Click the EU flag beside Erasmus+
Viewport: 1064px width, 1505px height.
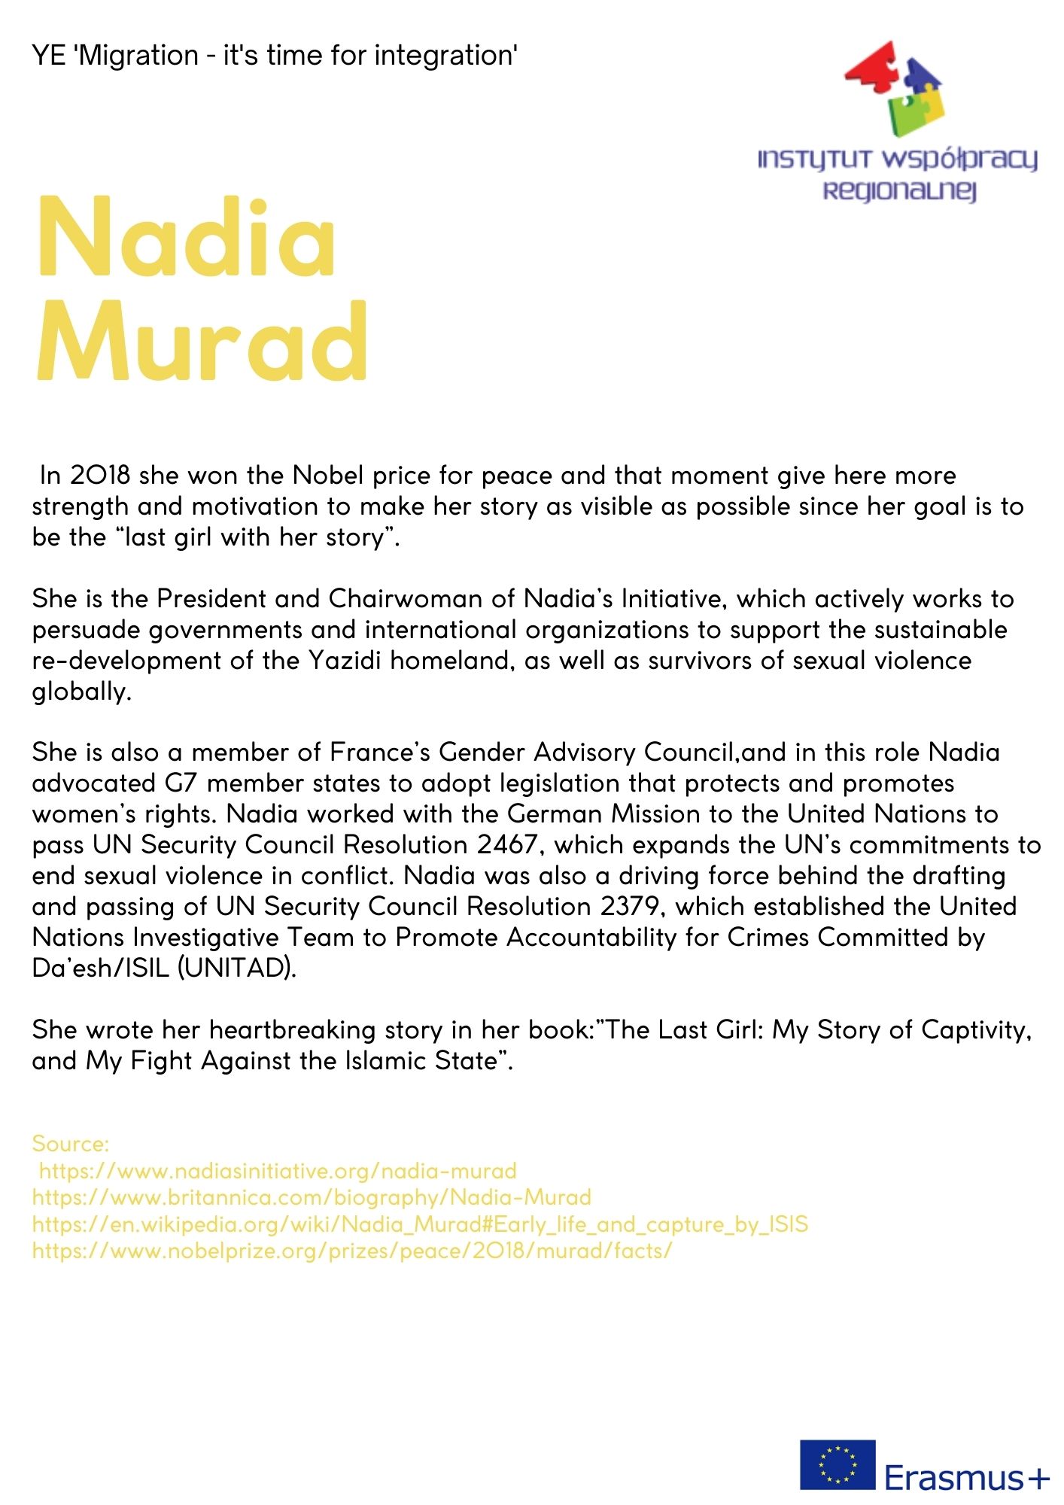coord(838,1464)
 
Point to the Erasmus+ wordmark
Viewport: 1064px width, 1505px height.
coord(966,1477)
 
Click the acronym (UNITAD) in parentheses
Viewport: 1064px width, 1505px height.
coord(236,968)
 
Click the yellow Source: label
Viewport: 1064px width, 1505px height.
coord(71,1144)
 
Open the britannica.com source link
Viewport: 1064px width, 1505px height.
coord(312,1197)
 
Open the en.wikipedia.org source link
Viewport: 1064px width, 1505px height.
coord(420,1224)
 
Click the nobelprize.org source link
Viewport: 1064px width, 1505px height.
coord(351,1251)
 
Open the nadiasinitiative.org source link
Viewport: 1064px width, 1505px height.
coord(278,1171)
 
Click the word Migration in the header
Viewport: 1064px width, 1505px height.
coord(138,56)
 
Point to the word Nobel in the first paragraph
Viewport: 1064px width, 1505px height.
coord(328,476)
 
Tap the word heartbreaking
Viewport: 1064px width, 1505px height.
coord(293,1030)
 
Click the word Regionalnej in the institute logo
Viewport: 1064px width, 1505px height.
coord(899,190)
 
